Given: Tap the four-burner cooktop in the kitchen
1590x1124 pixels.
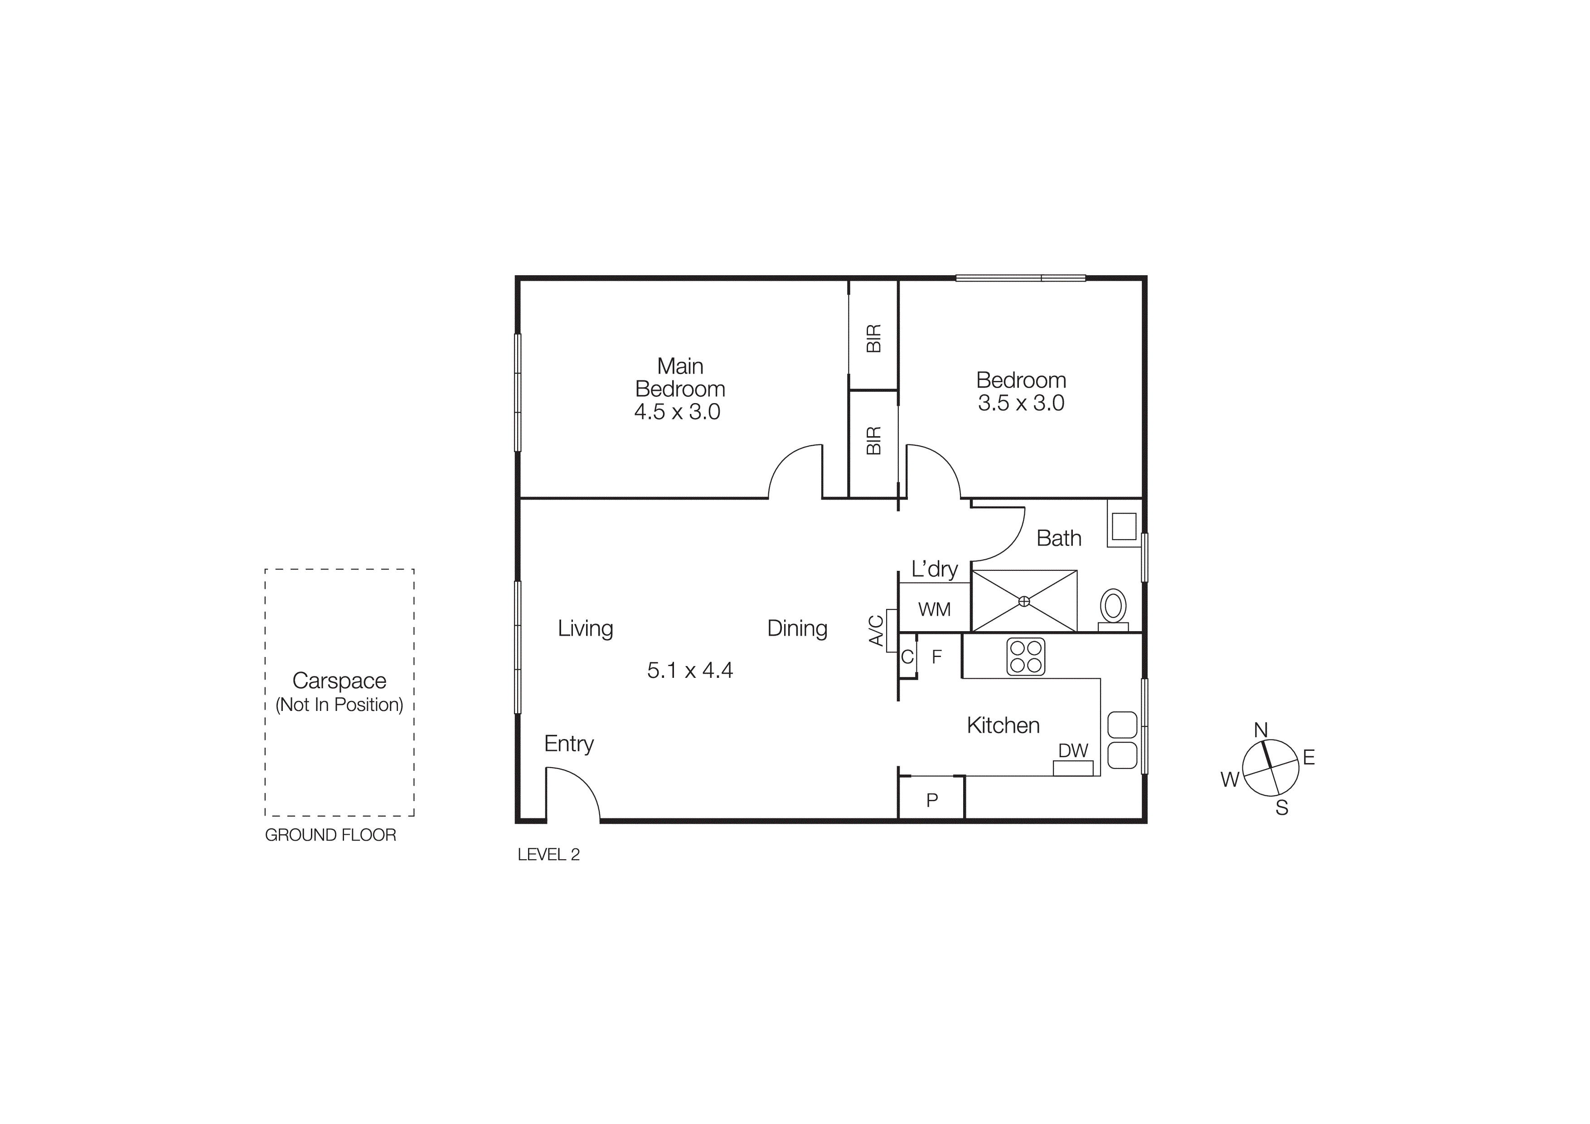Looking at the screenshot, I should (1026, 657).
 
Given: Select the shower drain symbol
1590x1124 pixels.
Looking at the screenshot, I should (1024, 601).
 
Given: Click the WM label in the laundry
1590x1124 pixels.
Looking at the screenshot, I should (934, 609).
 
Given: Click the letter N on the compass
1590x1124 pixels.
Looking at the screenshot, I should (1260, 730).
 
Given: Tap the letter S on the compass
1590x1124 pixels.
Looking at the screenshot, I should (1282, 808).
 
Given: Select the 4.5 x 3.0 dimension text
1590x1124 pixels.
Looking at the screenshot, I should (677, 412).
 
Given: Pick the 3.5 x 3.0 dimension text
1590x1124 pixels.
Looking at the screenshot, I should (1021, 403).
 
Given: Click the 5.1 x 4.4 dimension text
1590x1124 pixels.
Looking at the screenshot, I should (690, 671).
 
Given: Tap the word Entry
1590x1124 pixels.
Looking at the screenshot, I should (568, 744).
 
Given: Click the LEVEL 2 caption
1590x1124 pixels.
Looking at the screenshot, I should (548, 855).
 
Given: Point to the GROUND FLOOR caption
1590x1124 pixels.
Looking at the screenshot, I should (330, 835).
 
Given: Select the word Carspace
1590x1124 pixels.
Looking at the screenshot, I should (339, 681).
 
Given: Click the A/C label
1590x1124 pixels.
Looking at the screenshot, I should (877, 630).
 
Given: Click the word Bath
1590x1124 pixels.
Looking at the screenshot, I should (1059, 538).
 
